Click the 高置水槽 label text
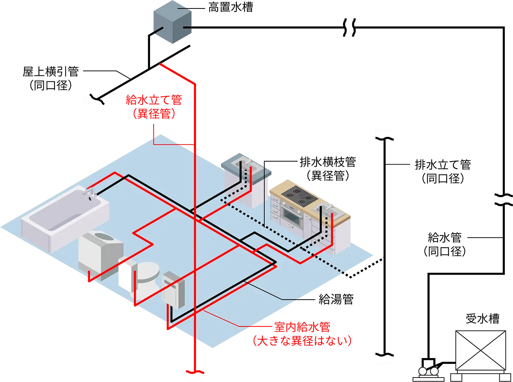(230, 7)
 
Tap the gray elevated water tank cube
(172, 22)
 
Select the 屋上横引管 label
(51, 71)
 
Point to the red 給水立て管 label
(154, 100)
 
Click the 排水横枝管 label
(328, 162)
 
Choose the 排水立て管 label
(443, 165)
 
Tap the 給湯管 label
(336, 299)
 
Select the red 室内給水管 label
(302, 327)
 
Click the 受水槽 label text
(482, 319)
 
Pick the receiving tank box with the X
(481, 350)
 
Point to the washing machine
(101, 255)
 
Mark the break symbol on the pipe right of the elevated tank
(349, 27)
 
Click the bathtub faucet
(90, 192)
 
